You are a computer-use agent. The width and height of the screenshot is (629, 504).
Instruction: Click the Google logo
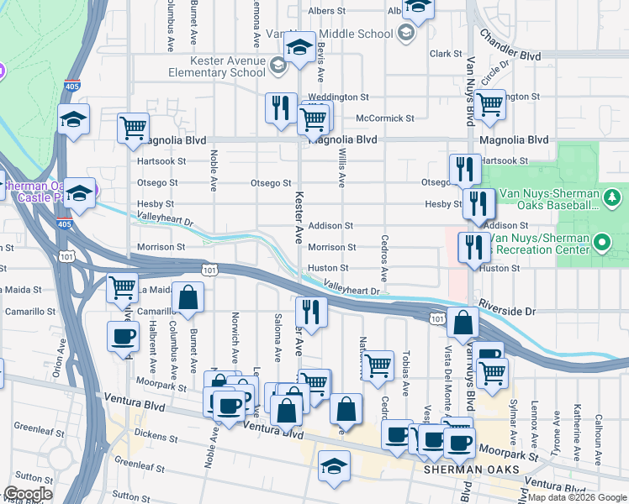[x=29, y=494]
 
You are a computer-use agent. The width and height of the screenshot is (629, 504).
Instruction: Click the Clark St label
[x=441, y=53]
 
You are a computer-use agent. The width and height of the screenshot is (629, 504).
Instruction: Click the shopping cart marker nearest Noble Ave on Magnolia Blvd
[x=133, y=128]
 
